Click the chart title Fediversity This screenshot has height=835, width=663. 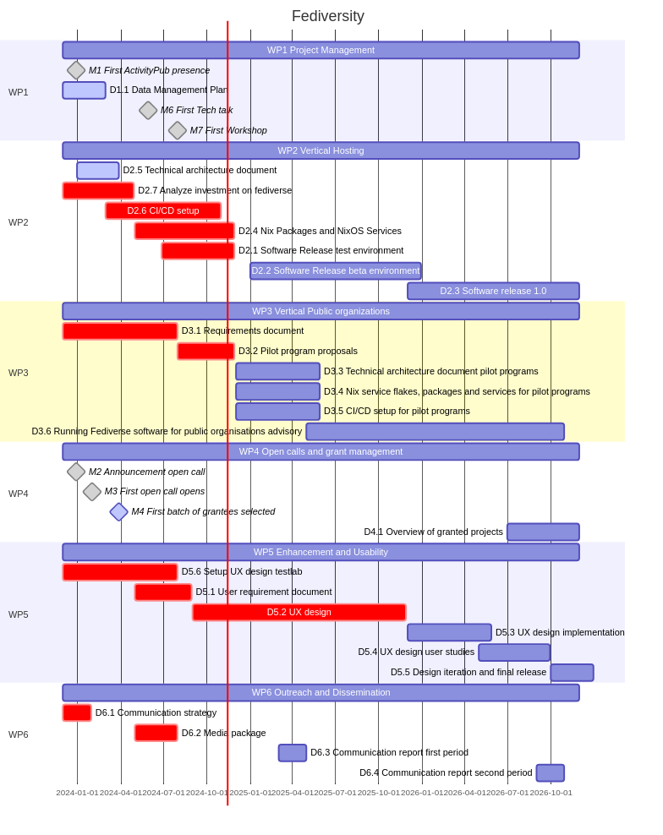pyautogui.click(x=327, y=16)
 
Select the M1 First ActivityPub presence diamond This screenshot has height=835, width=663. pyautogui.click(x=76, y=70)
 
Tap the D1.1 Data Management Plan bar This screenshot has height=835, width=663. pyautogui.click(x=84, y=90)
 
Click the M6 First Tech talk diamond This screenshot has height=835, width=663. pyautogui.click(x=148, y=110)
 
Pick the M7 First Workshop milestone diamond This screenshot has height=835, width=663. pyautogui.click(x=177, y=130)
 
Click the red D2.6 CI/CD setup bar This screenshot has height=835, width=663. pyautogui.click(x=163, y=210)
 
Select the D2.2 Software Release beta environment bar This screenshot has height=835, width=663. pyautogui.click(x=335, y=270)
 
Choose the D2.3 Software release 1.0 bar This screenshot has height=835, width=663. pyautogui.click(x=493, y=291)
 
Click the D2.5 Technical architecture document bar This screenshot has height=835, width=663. pyautogui.click(x=98, y=171)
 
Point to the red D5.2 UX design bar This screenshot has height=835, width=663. pyautogui.click(x=299, y=612)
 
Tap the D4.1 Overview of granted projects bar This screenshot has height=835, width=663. pyautogui.click(x=543, y=532)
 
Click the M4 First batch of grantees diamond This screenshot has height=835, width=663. pyautogui.click(x=119, y=511)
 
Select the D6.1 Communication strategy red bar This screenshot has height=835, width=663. pyautogui.click(x=77, y=712)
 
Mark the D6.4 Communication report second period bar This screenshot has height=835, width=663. pyautogui.click(x=550, y=772)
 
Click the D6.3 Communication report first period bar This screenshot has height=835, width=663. pyautogui.click(x=293, y=752)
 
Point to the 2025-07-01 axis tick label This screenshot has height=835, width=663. pyautogui.click(x=335, y=793)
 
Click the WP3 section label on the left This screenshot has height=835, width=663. pyautogui.click(x=19, y=373)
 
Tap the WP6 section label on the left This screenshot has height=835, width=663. pyautogui.click(x=19, y=734)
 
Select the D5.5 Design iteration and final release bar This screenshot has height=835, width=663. pyautogui.click(x=572, y=673)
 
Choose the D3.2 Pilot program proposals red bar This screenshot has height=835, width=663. pyautogui.click(x=205, y=351)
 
